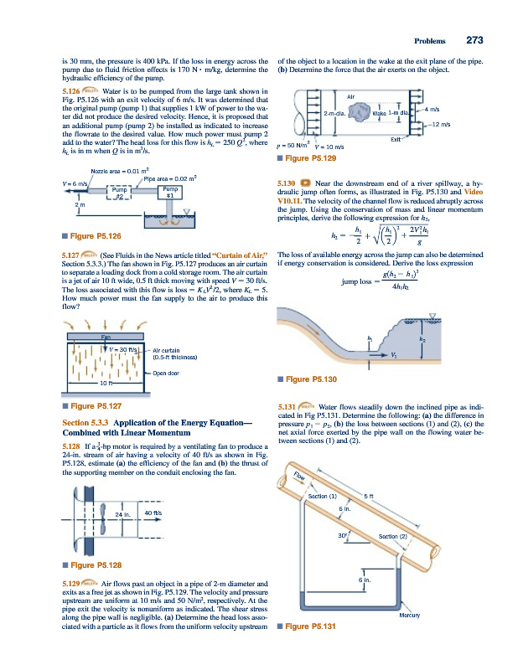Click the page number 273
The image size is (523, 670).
pyautogui.click(x=475, y=39)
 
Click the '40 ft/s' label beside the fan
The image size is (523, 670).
pyautogui.click(x=153, y=513)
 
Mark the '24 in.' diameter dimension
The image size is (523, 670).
pyautogui.click(x=124, y=513)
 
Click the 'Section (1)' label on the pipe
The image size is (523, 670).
pyautogui.click(x=323, y=497)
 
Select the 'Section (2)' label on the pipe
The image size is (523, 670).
pyautogui.click(x=393, y=536)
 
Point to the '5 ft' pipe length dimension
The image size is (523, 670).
pyautogui.click(x=368, y=497)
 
